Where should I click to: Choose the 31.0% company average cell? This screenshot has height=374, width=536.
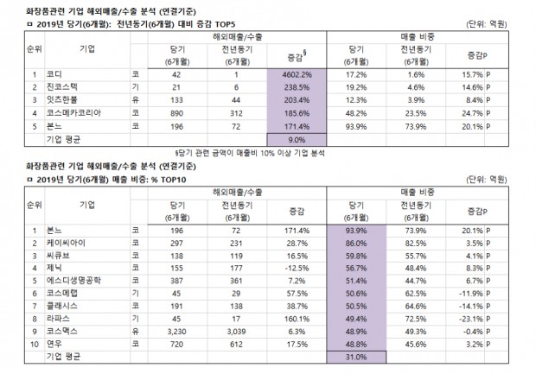click(x=356, y=355)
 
